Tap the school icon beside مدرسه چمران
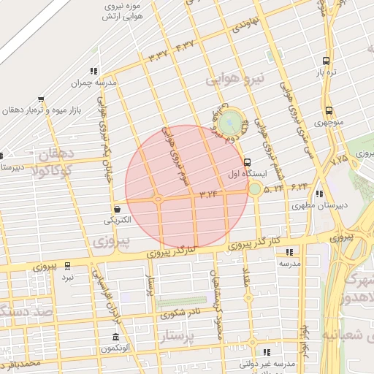(93, 71)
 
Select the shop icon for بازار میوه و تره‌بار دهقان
(41, 99)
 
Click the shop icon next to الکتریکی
(118, 209)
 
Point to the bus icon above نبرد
(68, 265)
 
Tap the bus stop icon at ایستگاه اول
(247, 162)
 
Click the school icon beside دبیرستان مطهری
(319, 194)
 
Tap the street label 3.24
(208, 194)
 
